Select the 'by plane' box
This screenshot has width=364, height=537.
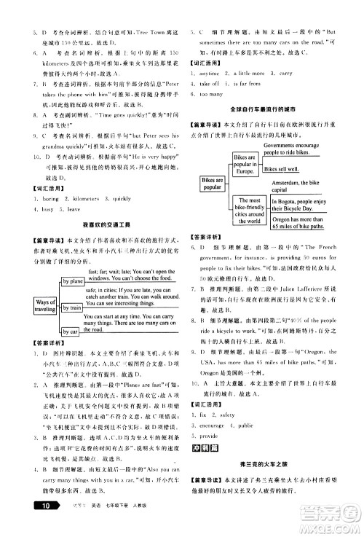coord(73,281)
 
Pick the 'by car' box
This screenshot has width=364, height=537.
coord(70,332)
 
